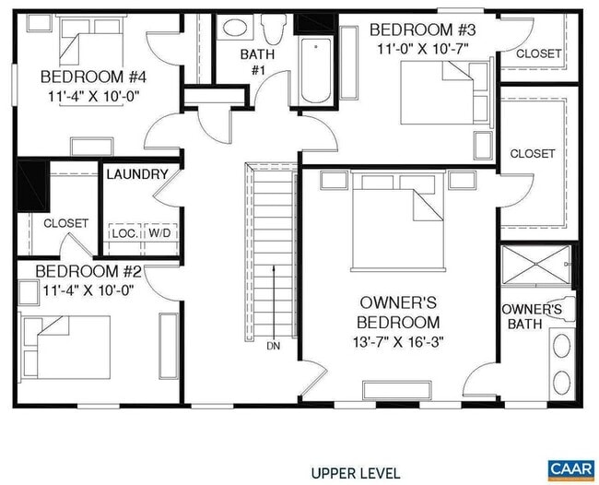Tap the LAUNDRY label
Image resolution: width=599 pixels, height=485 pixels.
click(x=137, y=174)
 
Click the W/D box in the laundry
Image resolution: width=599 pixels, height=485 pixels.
click(x=159, y=233)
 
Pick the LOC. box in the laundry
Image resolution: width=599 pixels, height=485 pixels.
click(x=125, y=233)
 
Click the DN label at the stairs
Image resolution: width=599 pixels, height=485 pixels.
click(x=273, y=347)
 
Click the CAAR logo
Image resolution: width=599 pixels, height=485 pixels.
click(x=571, y=468)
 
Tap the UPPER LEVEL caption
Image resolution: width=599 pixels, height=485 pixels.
click(x=356, y=473)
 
